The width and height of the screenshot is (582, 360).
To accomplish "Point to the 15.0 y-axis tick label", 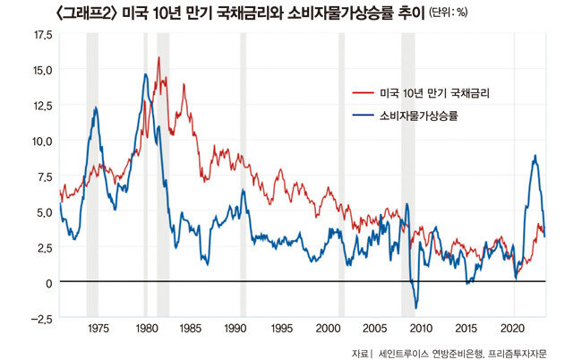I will point(42,69).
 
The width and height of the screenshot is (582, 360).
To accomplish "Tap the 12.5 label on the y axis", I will point(42,105).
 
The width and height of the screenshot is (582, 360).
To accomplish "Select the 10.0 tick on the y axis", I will point(42,141).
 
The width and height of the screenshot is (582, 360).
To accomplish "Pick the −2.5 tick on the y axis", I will point(41,318).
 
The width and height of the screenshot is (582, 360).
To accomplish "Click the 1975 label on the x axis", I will point(98,328).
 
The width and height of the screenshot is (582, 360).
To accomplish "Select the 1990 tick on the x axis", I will point(237,328).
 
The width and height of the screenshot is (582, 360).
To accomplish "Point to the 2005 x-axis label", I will point(374,328).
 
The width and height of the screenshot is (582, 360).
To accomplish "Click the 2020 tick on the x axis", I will point(513,328).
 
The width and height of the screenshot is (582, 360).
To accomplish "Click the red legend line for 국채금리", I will point(363,93).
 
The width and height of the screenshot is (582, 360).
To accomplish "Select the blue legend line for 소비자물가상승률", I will point(363,116).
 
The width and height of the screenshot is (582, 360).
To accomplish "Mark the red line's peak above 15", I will point(158,58).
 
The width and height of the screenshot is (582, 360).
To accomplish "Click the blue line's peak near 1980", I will point(145,74).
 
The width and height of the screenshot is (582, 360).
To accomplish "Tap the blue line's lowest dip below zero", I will point(416,307).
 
